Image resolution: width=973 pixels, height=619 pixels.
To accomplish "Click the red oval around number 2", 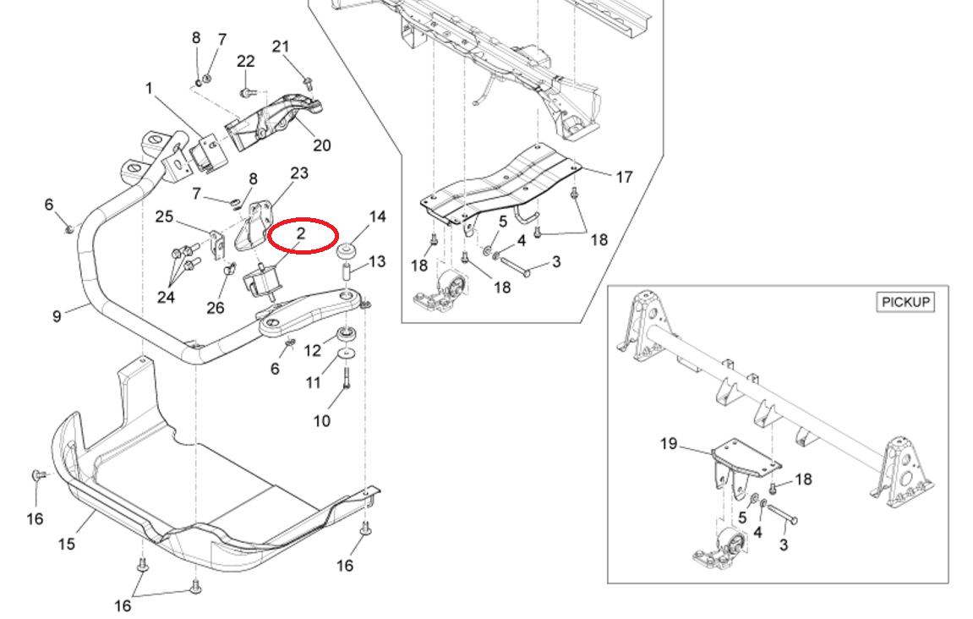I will [x=303, y=236].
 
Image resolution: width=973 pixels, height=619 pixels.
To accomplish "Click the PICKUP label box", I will [x=905, y=302].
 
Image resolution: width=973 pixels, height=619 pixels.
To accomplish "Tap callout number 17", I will [x=624, y=178].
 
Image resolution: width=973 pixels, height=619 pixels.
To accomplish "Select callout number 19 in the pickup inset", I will [x=669, y=443].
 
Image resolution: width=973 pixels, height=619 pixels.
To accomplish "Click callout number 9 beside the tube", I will [x=57, y=317].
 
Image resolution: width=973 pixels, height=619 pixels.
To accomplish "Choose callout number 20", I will [x=322, y=145].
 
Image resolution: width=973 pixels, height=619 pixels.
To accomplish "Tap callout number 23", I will [x=299, y=173].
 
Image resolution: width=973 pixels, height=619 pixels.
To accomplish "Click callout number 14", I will [x=377, y=217].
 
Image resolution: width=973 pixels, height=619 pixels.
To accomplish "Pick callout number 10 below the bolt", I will [x=322, y=420].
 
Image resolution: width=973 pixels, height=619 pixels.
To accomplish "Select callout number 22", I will [x=246, y=62].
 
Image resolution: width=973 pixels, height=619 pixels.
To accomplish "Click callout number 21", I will [x=281, y=46].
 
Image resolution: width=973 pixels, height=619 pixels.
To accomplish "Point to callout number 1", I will [x=149, y=88].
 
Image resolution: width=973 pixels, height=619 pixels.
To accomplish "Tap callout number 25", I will [x=164, y=217].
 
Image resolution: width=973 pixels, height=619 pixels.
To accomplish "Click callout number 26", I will [x=216, y=308].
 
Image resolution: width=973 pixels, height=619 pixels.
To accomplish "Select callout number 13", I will [x=376, y=261].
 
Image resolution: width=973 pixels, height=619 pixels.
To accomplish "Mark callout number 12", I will [x=313, y=350].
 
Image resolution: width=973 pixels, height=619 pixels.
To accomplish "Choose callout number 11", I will [x=314, y=382].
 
